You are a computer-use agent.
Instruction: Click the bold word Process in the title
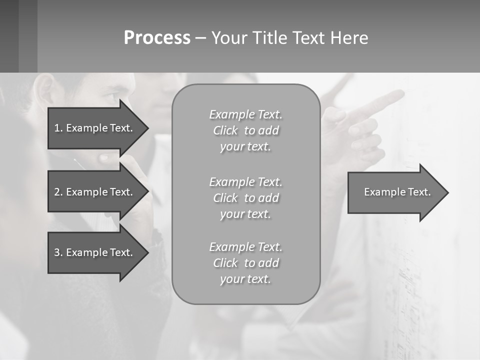(x=157, y=38)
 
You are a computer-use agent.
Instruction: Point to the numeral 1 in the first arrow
(x=56, y=128)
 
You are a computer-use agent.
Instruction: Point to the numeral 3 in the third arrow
(x=57, y=252)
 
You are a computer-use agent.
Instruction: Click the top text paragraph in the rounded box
(x=245, y=130)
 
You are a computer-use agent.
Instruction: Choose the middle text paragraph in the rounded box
(x=245, y=198)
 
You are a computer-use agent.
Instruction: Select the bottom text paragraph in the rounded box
(x=245, y=263)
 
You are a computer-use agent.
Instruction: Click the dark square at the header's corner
(x=9, y=36)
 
